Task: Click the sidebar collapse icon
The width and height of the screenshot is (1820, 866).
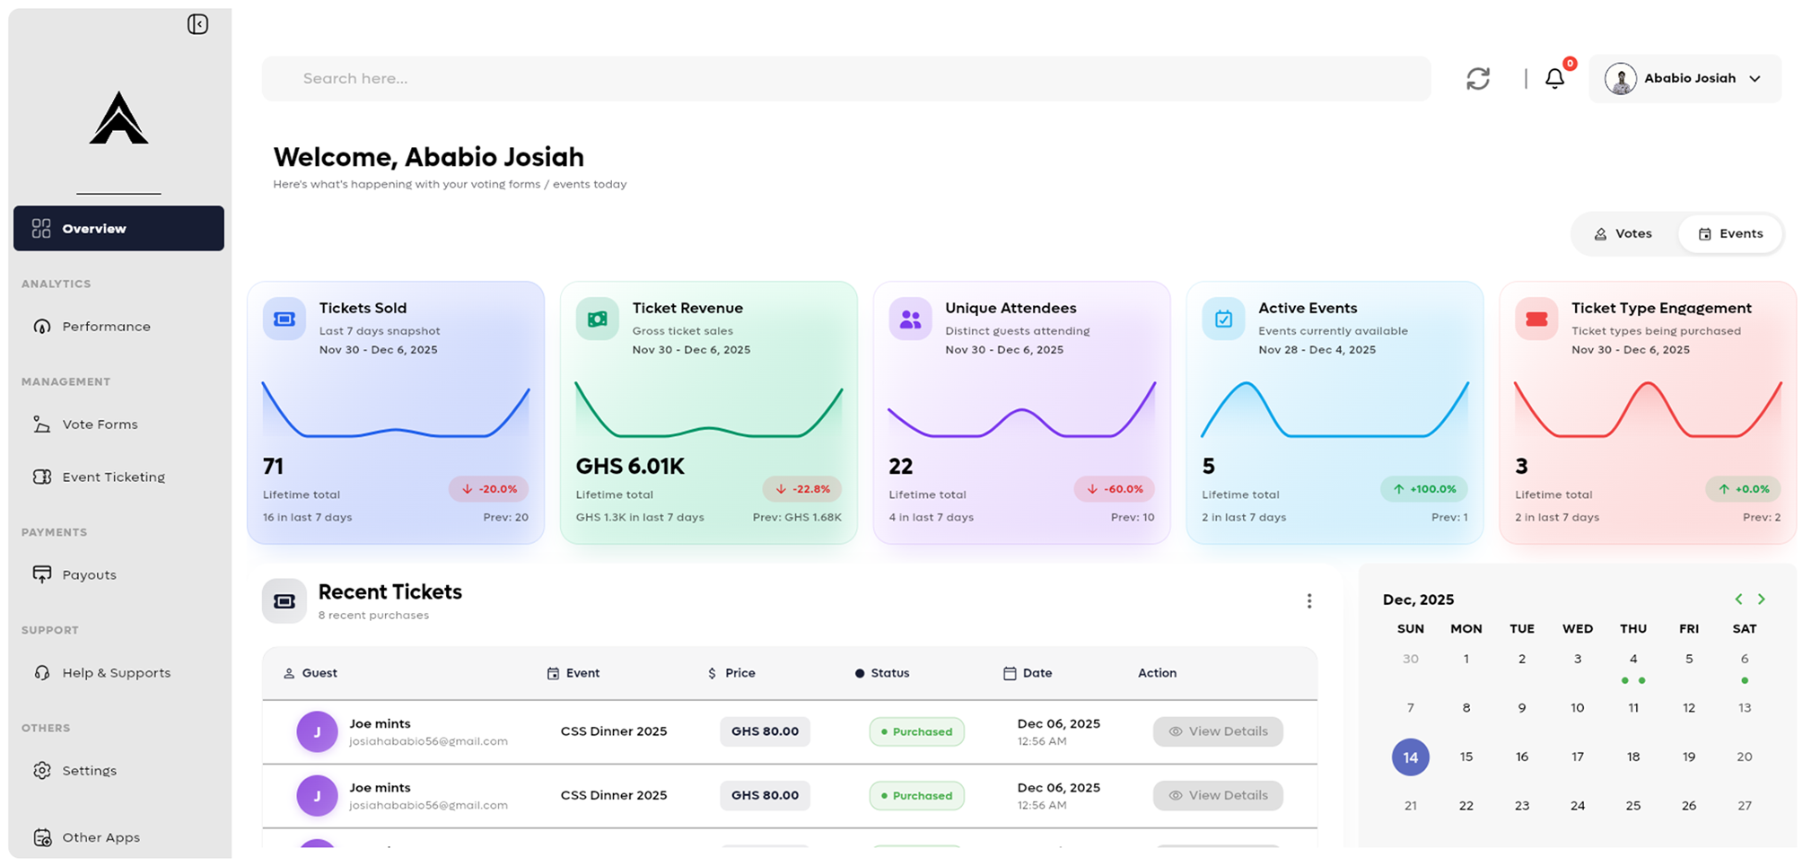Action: coord(197,24)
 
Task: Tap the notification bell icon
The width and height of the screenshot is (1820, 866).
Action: coord(1554,79)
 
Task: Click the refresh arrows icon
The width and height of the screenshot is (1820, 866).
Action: coord(1478,79)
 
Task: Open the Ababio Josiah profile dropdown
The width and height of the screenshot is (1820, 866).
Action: coord(1684,79)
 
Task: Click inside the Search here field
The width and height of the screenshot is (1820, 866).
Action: coord(844,79)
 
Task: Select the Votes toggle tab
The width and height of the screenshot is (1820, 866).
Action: coord(1623,234)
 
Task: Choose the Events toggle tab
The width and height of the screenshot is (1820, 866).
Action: coord(1731,234)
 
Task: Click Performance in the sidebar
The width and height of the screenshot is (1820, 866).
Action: coord(106,327)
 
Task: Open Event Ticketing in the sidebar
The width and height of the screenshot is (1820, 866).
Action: coord(113,477)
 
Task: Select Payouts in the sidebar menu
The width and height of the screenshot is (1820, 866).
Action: coord(89,575)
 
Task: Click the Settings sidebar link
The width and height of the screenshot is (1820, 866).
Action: coord(89,771)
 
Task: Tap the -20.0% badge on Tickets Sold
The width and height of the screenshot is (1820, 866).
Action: coord(489,489)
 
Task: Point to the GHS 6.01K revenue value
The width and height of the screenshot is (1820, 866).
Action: coord(630,467)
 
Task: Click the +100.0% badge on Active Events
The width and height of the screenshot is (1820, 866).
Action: coord(1424,489)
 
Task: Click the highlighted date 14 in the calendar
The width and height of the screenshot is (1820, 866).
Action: coord(1410,757)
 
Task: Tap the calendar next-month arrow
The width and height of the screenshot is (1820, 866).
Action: coord(1762,599)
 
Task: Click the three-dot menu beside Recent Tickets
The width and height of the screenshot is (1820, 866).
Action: coord(1308,601)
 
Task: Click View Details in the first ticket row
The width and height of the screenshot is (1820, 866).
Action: coord(1218,731)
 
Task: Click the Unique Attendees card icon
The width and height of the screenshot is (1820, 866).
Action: coord(910,319)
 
